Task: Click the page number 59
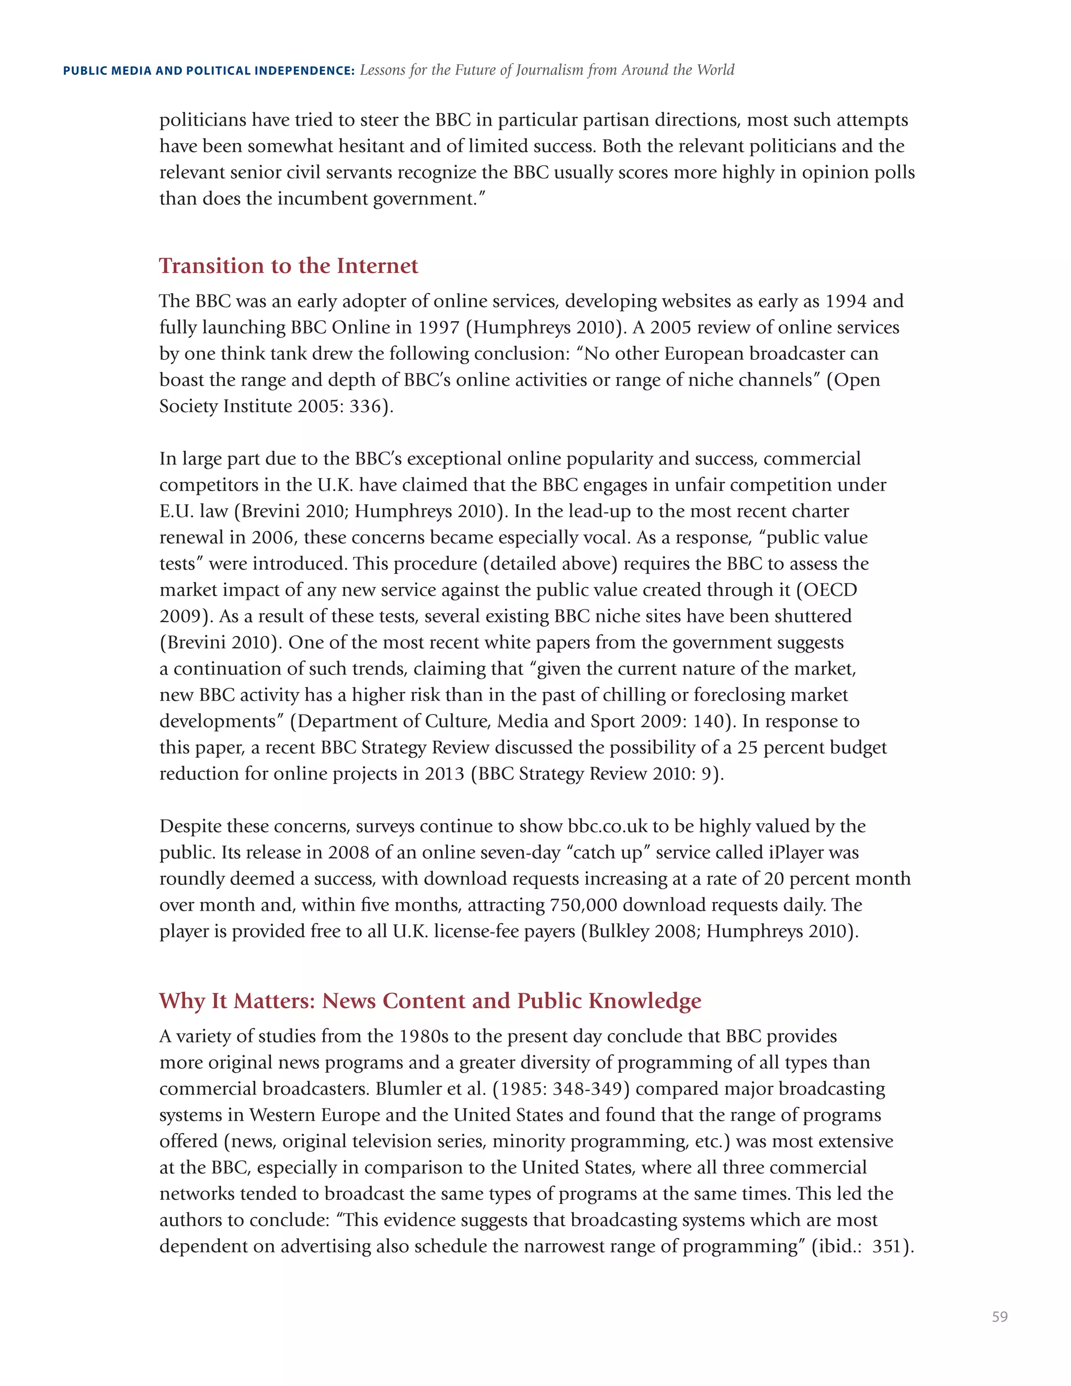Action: click(x=999, y=1317)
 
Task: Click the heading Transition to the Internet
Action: click(x=288, y=265)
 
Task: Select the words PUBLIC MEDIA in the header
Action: click(x=107, y=71)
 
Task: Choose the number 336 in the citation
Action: click(x=365, y=406)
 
